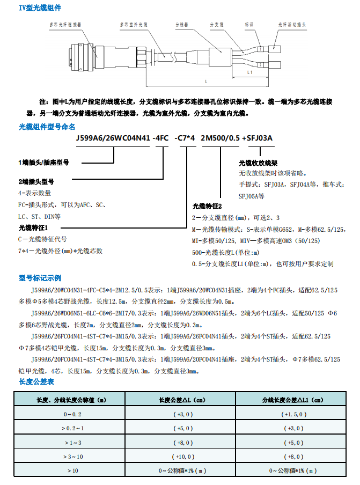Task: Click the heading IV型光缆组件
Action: point(40,8)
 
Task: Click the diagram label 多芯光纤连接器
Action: point(65,25)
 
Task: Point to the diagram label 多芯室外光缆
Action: point(132,25)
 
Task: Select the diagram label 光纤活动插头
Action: point(292,25)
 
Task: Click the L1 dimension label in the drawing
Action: point(249,71)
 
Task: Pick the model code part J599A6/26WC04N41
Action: point(113,138)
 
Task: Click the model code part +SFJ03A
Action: point(257,138)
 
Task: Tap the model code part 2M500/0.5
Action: point(220,138)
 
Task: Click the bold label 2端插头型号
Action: point(36,181)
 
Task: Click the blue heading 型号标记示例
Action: point(40,278)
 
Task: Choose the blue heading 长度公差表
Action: point(36,381)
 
